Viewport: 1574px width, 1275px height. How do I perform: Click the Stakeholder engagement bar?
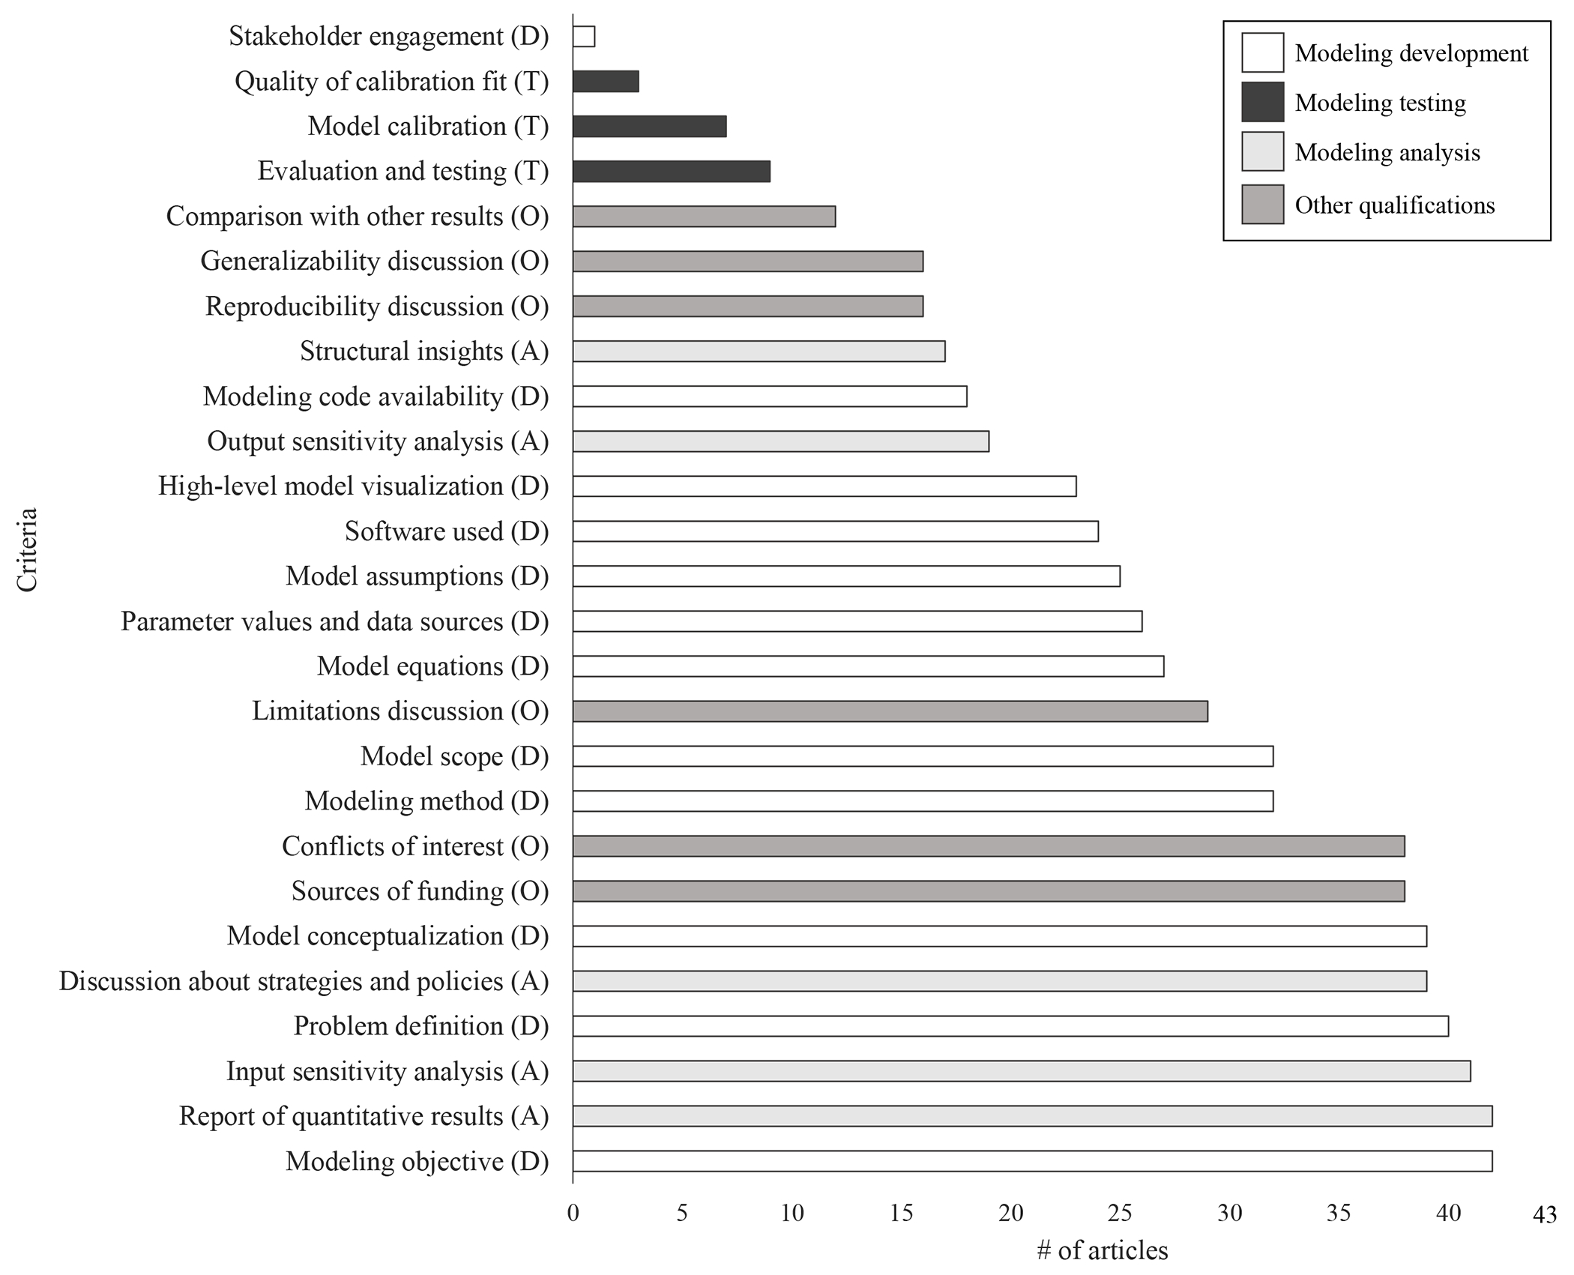584,37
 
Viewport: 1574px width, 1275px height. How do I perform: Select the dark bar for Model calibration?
649,127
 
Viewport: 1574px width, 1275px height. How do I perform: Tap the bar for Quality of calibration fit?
606,82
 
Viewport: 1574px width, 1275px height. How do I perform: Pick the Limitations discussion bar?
890,711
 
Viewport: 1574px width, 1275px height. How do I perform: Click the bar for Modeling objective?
1032,1161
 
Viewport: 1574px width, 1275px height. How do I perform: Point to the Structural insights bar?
759,352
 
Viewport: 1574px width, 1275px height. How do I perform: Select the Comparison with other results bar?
704,217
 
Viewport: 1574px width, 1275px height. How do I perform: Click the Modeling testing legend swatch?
1262,102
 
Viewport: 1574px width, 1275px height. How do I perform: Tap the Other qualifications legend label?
1394,205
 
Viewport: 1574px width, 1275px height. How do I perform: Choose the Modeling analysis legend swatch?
1262,152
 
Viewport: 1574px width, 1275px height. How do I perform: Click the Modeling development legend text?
1411,53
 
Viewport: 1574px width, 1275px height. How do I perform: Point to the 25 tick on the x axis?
1120,1213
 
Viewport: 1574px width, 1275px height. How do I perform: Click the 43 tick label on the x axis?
1545,1214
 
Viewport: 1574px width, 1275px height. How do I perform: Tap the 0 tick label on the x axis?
573,1213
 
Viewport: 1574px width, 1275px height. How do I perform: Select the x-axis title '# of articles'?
1102,1250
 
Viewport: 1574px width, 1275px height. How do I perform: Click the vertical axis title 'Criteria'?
27,550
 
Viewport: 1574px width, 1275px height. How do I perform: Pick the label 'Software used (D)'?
447,531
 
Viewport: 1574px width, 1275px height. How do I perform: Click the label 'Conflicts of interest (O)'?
415,846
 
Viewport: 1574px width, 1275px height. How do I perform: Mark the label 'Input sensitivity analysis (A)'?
388,1071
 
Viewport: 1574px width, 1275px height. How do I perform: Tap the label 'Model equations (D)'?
432,666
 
